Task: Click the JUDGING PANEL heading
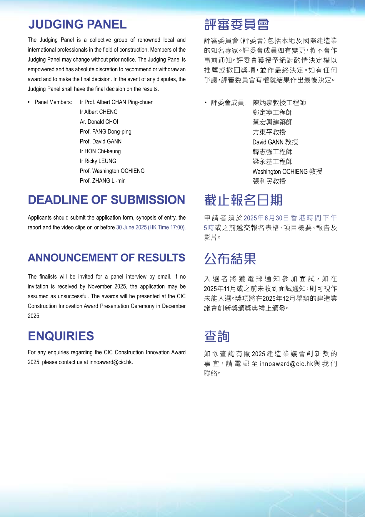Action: [77, 24]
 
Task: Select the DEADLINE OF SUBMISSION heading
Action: [106, 200]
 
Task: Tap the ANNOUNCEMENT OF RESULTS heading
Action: [106, 258]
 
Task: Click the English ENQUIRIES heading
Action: [61, 336]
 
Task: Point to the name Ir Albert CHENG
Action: [99, 112]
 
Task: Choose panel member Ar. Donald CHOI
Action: [99, 122]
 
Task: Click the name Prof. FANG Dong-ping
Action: [105, 132]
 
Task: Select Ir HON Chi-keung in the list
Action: [100, 151]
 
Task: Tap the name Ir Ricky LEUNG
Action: [98, 161]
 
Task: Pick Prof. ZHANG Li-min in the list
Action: [103, 181]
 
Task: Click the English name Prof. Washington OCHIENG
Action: [112, 171]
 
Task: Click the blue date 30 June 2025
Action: [131, 228]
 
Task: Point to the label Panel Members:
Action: [53, 102]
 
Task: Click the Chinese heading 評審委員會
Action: [236, 25]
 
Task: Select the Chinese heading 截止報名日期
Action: [243, 200]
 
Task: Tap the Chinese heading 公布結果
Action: [230, 259]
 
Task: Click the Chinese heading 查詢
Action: [217, 337]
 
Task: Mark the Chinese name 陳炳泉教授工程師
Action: [279, 103]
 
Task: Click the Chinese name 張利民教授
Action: [269, 181]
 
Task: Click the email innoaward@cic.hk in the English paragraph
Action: [111, 362]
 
